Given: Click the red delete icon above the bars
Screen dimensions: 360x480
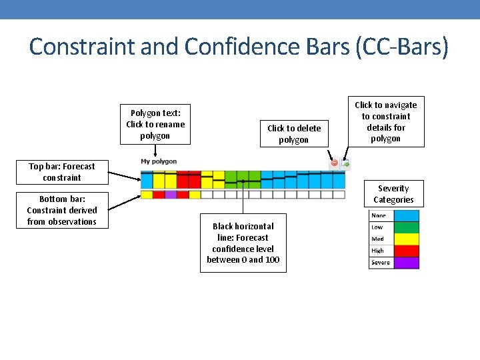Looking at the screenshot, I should coord(335,163).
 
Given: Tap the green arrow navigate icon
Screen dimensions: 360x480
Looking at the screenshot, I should coord(345,163).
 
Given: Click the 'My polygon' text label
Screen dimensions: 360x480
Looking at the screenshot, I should coord(159,161).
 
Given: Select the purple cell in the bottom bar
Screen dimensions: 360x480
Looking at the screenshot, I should coord(171,195).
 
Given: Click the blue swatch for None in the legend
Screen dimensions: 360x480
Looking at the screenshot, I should coord(407,216).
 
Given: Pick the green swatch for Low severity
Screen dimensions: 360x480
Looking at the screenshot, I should coord(407,227).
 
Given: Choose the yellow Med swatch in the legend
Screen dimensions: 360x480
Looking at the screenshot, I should coord(407,239).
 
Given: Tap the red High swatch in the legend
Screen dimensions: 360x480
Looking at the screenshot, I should coord(407,251).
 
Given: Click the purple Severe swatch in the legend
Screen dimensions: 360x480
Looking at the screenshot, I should coord(407,263).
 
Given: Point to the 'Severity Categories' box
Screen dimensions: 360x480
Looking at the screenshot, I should coord(393,194).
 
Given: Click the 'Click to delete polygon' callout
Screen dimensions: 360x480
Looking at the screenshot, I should coord(294,134).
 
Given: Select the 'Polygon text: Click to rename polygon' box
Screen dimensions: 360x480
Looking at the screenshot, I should coord(155,125).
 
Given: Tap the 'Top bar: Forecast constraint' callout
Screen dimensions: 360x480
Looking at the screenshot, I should coord(62,172).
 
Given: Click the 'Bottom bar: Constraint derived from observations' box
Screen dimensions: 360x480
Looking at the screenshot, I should coord(59,210).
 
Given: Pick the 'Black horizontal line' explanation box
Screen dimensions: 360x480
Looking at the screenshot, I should coord(243,243).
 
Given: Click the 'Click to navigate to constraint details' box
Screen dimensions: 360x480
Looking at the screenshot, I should coord(386,122).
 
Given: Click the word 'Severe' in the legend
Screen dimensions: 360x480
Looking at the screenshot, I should coord(381,263).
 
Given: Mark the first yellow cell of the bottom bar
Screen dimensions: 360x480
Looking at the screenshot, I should coord(147,195).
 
